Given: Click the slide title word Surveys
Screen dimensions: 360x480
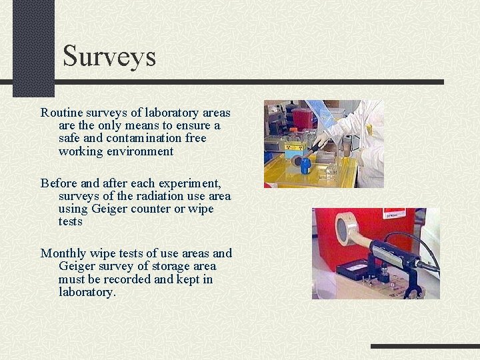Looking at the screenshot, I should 109,56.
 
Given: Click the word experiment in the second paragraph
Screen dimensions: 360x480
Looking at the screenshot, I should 192,183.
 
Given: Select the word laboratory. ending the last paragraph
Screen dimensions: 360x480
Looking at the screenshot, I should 87,292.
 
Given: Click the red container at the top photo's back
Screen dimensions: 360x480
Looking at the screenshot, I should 303,118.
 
